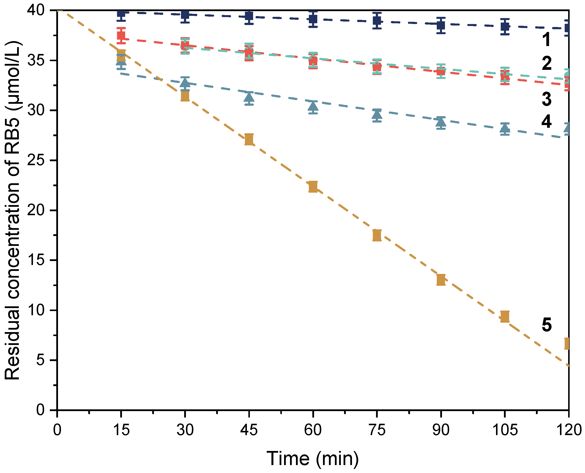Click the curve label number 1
(546, 40)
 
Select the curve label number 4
(546, 121)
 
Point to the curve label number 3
(546, 99)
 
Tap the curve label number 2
(546, 63)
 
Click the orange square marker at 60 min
(313, 187)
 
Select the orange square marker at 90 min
(441, 280)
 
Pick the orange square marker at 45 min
(249, 139)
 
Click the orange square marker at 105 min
(505, 316)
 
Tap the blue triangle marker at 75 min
(377, 114)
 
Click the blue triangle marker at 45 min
(249, 97)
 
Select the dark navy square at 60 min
(313, 19)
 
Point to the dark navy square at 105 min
(505, 27)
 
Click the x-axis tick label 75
(377, 430)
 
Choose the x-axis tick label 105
(505, 430)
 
